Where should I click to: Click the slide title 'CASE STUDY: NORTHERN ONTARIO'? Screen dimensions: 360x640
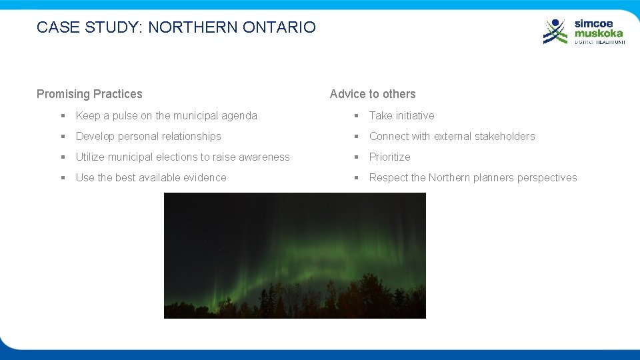pyautogui.click(x=176, y=27)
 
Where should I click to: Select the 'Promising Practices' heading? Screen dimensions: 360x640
pyautogui.click(x=89, y=94)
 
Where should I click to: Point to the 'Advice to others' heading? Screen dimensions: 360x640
pyautogui.click(x=373, y=94)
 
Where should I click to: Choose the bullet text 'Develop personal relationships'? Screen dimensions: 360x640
pyautogui.click(x=148, y=136)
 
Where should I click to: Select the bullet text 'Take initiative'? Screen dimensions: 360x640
pyautogui.click(x=401, y=115)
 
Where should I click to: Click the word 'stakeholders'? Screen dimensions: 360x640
pyautogui.click(x=505, y=136)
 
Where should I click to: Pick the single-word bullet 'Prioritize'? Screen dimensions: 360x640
pyautogui.click(x=389, y=157)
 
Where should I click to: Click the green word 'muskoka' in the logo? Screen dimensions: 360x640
pyautogui.click(x=599, y=33)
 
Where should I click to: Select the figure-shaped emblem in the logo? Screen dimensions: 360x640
pyautogui.click(x=555, y=31)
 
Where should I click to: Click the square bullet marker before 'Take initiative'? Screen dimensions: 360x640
pyautogui.click(x=357, y=115)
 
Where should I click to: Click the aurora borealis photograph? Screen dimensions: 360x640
pyautogui.click(x=295, y=255)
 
